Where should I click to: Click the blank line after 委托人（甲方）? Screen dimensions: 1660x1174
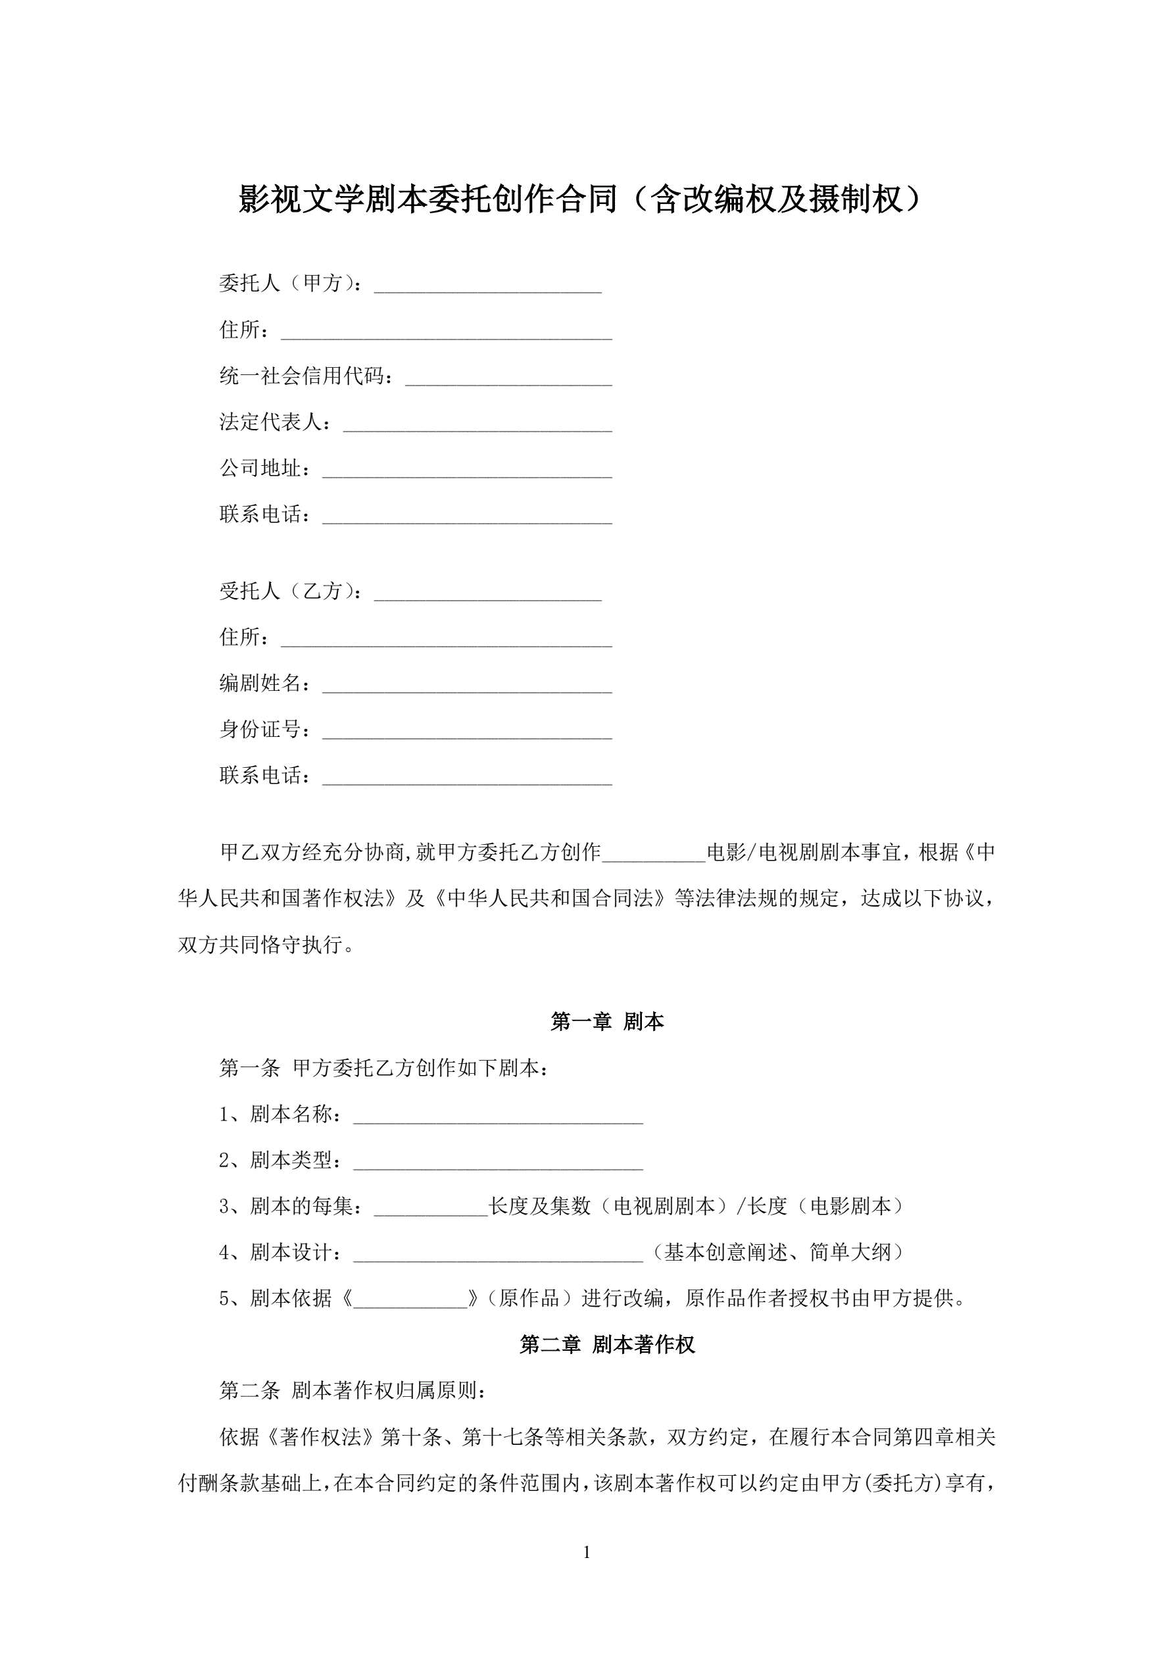(x=487, y=286)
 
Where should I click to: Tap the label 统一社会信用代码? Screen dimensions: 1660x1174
(x=306, y=377)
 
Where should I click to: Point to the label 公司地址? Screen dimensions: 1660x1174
(x=265, y=469)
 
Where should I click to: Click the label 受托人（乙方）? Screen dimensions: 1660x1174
(x=291, y=591)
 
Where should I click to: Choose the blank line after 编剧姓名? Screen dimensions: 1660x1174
(x=467, y=685)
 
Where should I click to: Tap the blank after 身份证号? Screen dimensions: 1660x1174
(x=467, y=731)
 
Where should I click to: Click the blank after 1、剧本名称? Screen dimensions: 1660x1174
(x=497, y=1116)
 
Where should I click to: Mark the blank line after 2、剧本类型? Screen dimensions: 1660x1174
(x=497, y=1162)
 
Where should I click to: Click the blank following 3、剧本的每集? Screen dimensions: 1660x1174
(x=431, y=1208)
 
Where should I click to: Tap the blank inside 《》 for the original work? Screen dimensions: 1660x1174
(x=410, y=1299)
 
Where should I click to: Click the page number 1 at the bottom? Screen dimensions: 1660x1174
(x=586, y=1552)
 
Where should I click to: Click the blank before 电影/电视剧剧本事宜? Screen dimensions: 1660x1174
(x=654, y=854)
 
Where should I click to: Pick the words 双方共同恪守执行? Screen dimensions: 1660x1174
(x=260, y=945)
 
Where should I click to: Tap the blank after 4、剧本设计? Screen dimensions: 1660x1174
(x=497, y=1253)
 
